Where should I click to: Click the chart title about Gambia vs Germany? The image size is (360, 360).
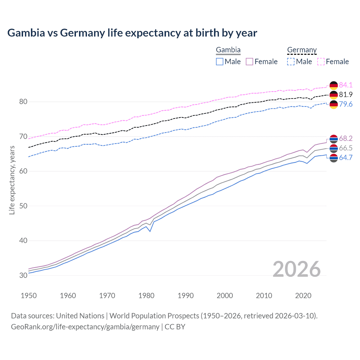click(132, 33)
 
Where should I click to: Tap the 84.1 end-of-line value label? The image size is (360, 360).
click(346, 85)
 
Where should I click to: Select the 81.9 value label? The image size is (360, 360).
click(346, 94)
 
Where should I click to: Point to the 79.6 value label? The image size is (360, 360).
click(346, 104)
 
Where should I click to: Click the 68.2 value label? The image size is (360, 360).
click(346, 138)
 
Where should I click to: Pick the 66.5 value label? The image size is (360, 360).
click(346, 148)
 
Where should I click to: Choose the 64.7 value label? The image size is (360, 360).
click(346, 157)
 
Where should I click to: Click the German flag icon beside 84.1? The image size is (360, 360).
click(334, 85)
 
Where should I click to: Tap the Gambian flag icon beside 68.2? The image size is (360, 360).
click(334, 139)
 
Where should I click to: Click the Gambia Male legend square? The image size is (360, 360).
click(220, 62)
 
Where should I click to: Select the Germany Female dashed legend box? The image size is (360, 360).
click(321, 62)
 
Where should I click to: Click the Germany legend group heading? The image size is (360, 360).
click(302, 50)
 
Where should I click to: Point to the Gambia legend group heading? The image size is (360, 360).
click(228, 50)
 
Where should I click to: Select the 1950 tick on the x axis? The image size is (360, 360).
click(29, 296)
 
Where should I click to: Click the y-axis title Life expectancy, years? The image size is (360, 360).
click(12, 180)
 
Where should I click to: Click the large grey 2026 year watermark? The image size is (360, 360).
click(297, 269)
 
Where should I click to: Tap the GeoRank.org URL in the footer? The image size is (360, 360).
click(85, 327)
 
